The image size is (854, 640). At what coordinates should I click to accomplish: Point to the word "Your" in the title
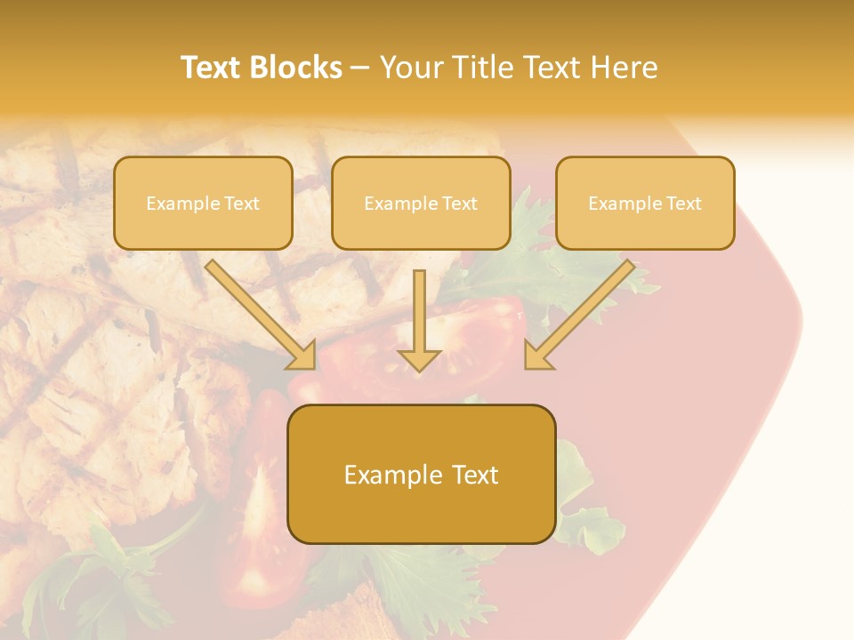(x=407, y=68)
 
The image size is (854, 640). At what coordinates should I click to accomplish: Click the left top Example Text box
(x=203, y=203)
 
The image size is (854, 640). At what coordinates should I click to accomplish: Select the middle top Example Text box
(x=421, y=203)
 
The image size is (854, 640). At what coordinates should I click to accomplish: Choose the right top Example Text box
(x=645, y=203)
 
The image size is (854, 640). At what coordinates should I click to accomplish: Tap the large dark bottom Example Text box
(x=421, y=474)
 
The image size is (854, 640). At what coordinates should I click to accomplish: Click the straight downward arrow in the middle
(x=420, y=320)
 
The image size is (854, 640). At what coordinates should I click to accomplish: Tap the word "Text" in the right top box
(x=684, y=204)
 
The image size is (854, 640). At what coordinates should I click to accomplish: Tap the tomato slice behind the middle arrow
(x=471, y=338)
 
